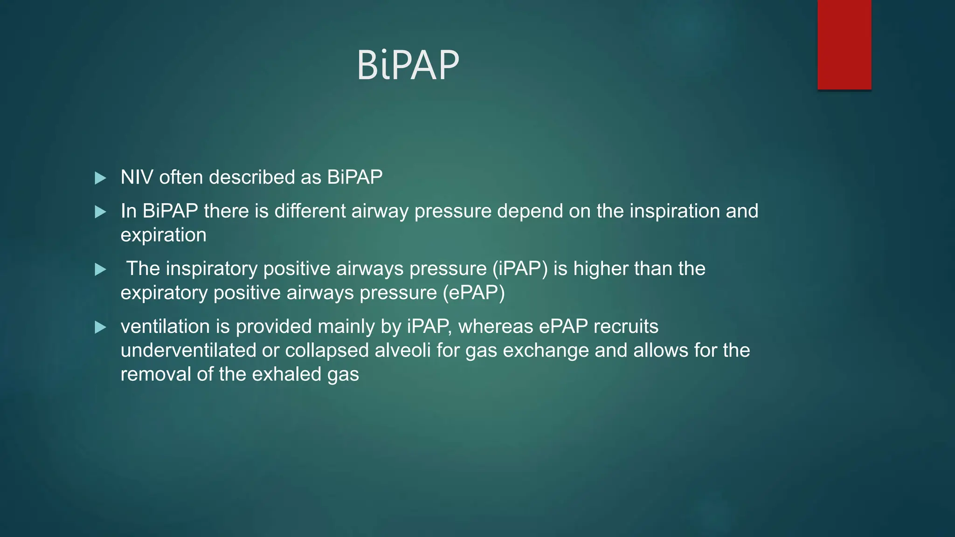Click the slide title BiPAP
(x=408, y=65)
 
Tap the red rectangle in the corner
(x=844, y=44)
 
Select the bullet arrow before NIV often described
(x=100, y=178)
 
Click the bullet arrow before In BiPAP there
(x=100, y=212)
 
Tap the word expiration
(x=163, y=235)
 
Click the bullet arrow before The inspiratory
(x=100, y=269)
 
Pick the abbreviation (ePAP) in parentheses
(x=474, y=293)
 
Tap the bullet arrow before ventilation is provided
(x=100, y=327)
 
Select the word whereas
(x=496, y=326)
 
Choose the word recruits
(x=626, y=326)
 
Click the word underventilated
(x=188, y=350)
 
